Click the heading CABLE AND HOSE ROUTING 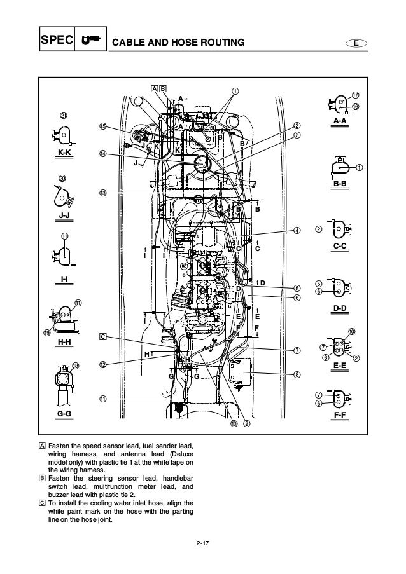click(x=178, y=43)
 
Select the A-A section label click(x=340, y=120)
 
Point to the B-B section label click(x=340, y=183)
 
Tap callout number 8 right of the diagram click(x=297, y=374)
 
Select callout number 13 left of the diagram click(x=102, y=193)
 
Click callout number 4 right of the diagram click(x=297, y=230)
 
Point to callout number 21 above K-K click(x=63, y=115)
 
